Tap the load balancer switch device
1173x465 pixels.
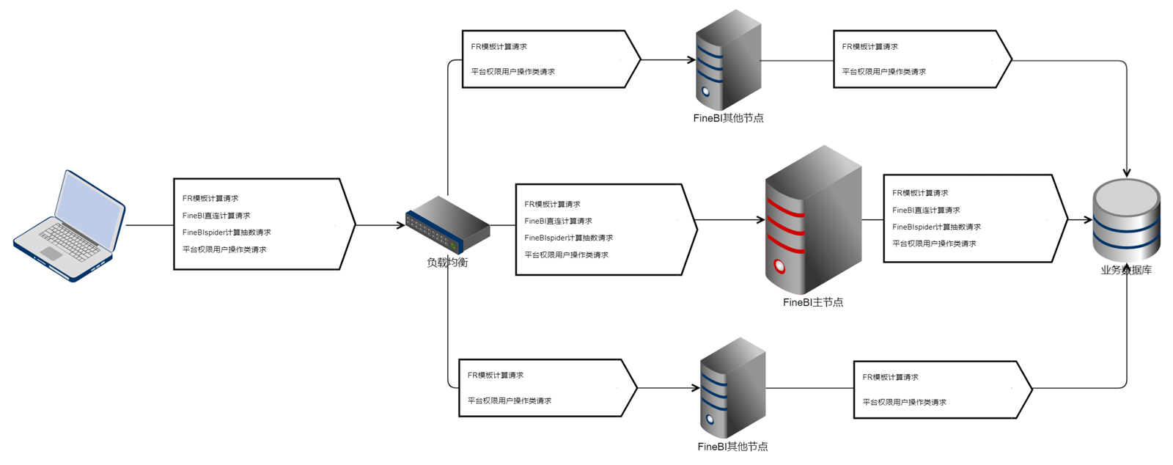447,224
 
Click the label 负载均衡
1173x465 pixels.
447,263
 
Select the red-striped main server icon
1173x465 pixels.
812,220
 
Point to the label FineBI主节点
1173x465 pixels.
812,302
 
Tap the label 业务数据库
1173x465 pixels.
1126,270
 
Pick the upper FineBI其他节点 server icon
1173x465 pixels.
728,60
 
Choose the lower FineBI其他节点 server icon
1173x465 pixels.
732,388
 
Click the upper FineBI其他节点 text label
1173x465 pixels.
728,118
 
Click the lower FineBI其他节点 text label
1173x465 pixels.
732,447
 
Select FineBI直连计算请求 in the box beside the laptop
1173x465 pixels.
216,216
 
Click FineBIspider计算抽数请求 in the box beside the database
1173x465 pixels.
936,227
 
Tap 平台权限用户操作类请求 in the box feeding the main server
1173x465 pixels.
566,255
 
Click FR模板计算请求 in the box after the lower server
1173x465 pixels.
890,377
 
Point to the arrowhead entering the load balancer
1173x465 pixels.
401,225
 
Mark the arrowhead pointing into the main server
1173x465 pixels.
761,219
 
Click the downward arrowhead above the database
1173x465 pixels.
1126,173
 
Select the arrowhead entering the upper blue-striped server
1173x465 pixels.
691,60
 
